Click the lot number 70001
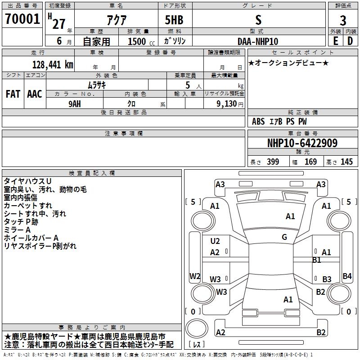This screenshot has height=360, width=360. (x=22, y=19)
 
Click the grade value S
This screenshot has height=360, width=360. (x=258, y=20)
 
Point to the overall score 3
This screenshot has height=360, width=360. (x=343, y=20)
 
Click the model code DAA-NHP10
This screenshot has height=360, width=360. (x=258, y=41)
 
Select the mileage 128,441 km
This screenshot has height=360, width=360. (x=53, y=64)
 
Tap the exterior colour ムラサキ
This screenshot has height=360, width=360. (x=96, y=85)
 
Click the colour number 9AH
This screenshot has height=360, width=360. (x=75, y=103)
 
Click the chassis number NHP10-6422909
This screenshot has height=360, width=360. (x=302, y=143)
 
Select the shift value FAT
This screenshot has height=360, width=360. (x=13, y=94)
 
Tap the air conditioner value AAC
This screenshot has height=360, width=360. (x=35, y=94)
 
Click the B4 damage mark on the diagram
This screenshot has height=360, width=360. (x=347, y=276)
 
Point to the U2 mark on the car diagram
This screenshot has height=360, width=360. (x=215, y=241)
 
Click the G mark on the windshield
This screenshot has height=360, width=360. (x=284, y=237)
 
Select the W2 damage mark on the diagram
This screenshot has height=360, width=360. (x=194, y=276)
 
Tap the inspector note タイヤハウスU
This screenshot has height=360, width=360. (x=28, y=181)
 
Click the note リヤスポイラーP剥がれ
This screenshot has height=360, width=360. (x=40, y=246)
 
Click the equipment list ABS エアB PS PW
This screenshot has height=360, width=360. (x=279, y=121)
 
